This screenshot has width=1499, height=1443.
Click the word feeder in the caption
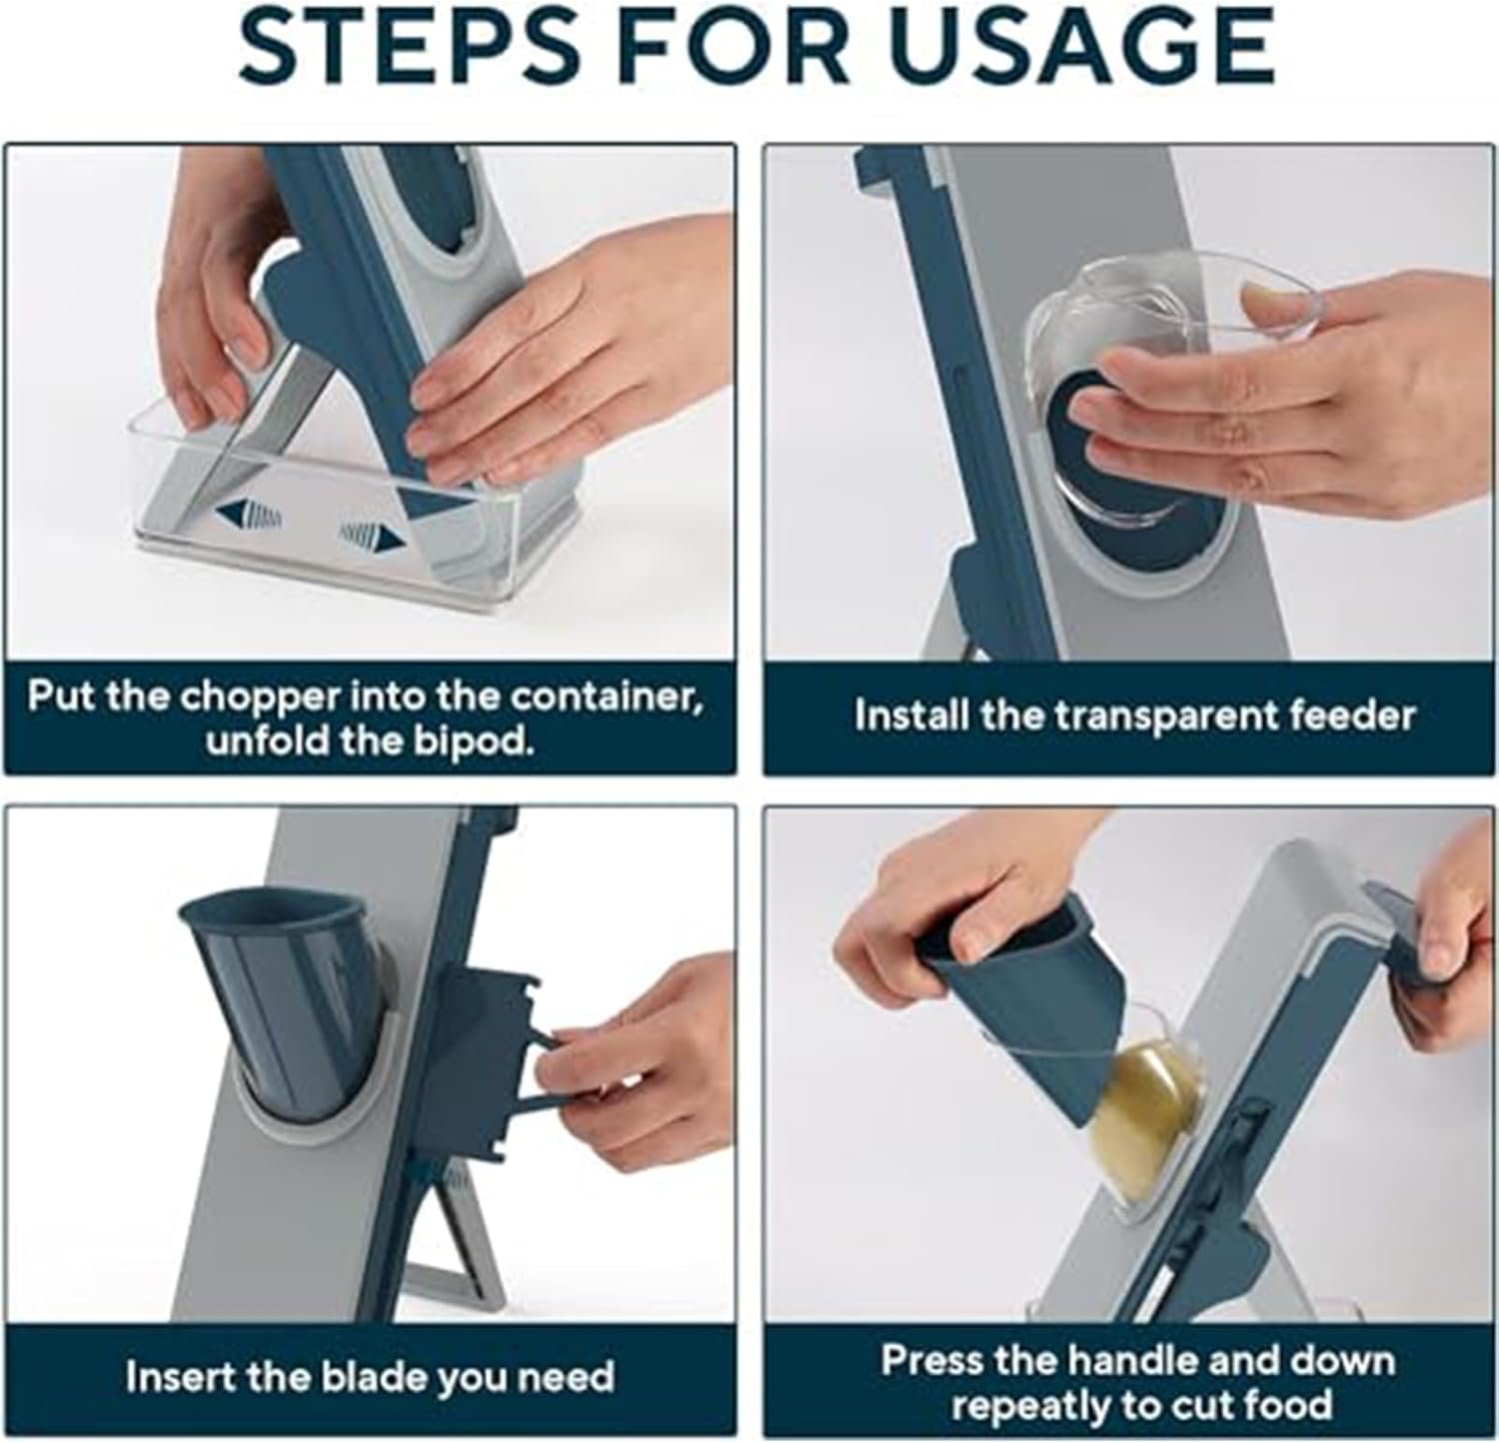click(x=1345, y=715)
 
